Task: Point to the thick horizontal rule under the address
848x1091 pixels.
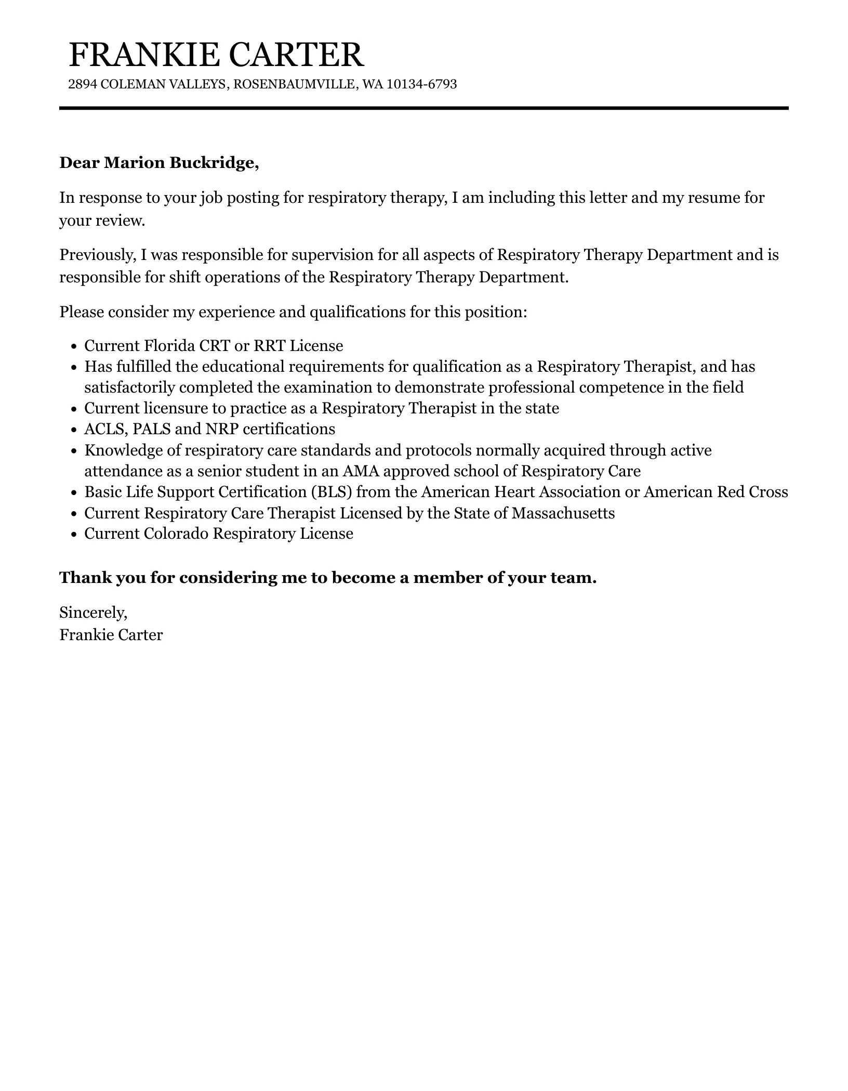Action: [423, 108]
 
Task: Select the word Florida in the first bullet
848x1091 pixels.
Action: [166, 346]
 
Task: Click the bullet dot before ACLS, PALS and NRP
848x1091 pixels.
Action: [74, 430]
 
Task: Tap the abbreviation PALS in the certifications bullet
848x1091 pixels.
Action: [149, 429]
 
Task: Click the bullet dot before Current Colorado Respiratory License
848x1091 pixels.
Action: [74, 534]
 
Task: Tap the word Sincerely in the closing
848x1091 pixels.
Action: [93, 613]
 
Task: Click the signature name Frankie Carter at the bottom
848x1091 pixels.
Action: [111, 635]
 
